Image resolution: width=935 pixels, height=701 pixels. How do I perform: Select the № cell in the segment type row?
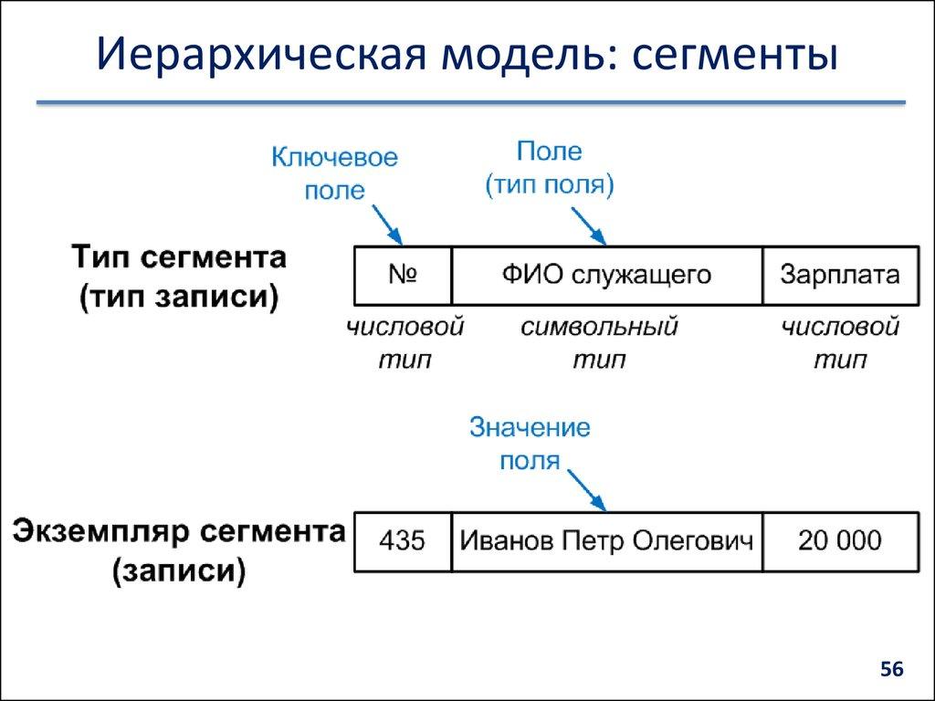[403, 275]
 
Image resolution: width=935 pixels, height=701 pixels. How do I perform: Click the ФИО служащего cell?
[606, 275]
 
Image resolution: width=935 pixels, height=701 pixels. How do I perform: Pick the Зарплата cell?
[840, 275]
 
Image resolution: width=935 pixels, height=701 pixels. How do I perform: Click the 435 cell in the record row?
[403, 541]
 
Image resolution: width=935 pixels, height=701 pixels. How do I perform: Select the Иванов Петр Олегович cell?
[606, 541]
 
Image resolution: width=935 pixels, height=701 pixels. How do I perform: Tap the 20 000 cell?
[840, 541]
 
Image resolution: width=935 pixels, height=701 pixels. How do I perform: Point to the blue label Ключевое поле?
[334, 173]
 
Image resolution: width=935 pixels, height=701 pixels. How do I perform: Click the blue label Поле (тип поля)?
[549, 168]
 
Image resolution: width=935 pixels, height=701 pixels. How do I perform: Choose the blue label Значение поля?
[530, 444]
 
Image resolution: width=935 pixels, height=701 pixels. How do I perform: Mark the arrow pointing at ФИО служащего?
[589, 225]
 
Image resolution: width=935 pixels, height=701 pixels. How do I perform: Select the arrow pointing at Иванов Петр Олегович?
[587, 491]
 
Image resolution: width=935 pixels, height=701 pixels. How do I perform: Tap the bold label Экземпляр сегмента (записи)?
[179, 551]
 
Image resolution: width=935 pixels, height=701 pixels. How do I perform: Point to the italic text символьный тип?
[599, 343]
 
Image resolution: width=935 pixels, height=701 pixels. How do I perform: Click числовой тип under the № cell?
[404, 343]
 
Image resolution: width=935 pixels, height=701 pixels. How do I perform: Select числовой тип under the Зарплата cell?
[840, 343]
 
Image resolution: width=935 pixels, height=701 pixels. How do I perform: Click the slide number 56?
[891, 671]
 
